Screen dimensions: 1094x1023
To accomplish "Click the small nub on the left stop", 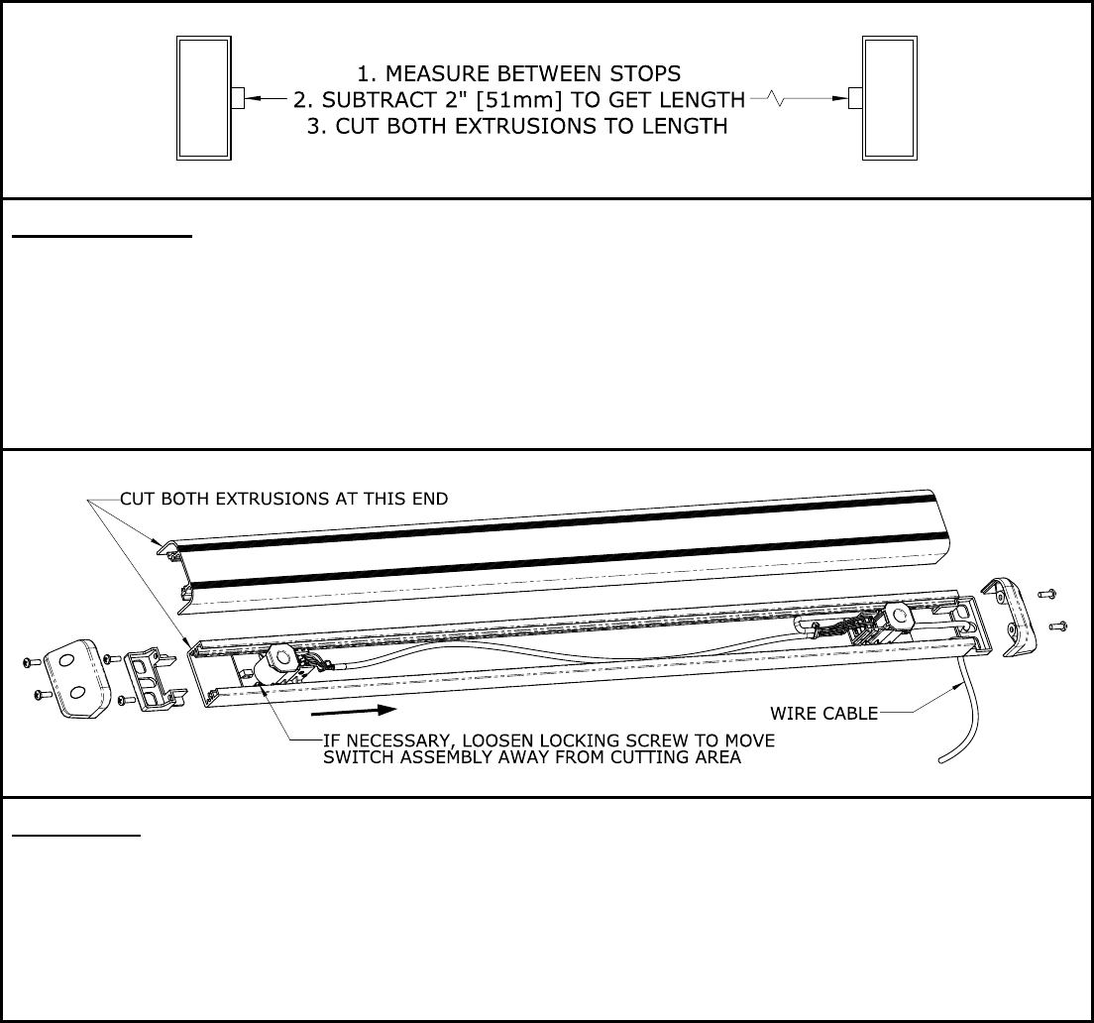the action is (238, 98).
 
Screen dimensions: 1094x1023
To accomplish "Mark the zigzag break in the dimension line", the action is (777, 99).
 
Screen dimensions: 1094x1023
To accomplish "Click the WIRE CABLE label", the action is (824, 713).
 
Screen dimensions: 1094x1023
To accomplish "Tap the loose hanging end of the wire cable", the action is (942, 759).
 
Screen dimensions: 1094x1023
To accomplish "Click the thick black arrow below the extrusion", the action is (354, 711).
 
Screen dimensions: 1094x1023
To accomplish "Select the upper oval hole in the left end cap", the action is (67, 660).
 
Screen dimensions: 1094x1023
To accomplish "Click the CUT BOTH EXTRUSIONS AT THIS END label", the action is (284, 499).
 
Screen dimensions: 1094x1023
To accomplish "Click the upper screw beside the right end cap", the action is (1045, 595).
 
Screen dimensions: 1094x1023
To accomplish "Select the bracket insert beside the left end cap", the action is (155, 680).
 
